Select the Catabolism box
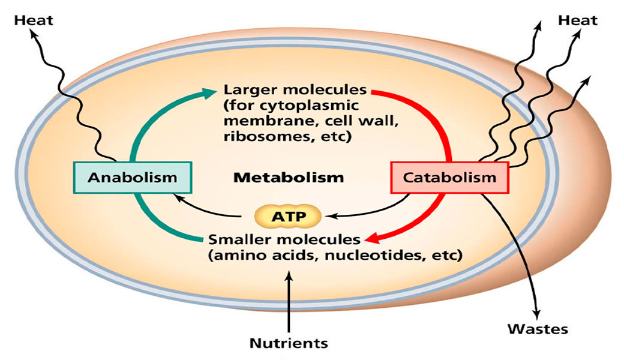(x=449, y=178)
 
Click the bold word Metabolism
(x=289, y=178)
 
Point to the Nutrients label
(x=289, y=343)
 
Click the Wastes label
(x=537, y=329)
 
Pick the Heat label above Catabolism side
(x=578, y=20)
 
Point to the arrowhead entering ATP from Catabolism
(x=328, y=215)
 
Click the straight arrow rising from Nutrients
(x=289, y=300)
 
